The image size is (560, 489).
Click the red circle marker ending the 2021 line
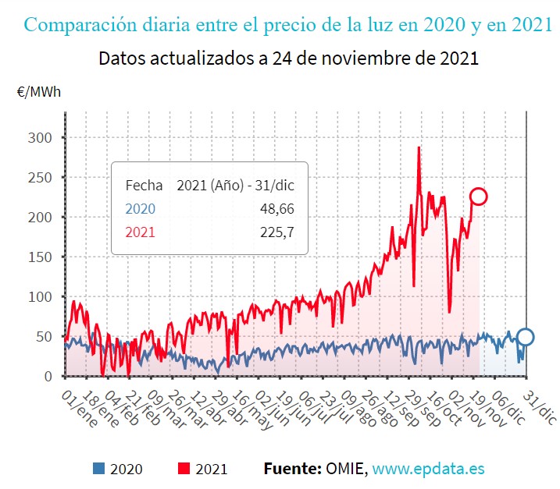pyautogui.click(x=479, y=197)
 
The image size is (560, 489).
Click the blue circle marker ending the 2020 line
pyautogui.click(x=526, y=337)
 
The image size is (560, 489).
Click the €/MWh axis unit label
pyautogui.click(x=38, y=91)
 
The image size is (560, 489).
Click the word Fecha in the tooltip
pyautogui.click(x=144, y=186)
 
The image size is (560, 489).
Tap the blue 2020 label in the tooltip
pyautogui.click(x=141, y=209)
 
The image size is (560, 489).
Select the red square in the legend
pyautogui.click(x=184, y=469)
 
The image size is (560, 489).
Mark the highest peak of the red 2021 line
pyautogui.click(x=419, y=147)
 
